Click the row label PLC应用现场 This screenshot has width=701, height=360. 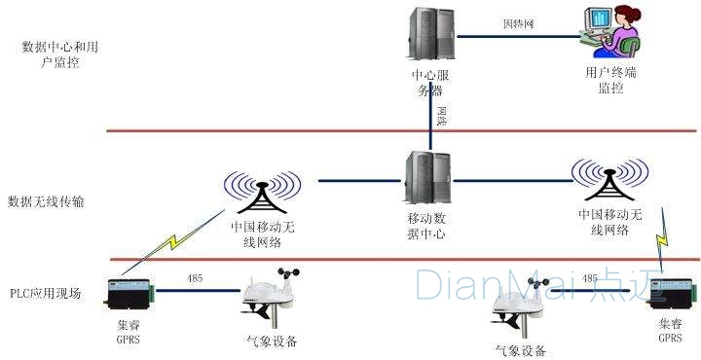46,292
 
